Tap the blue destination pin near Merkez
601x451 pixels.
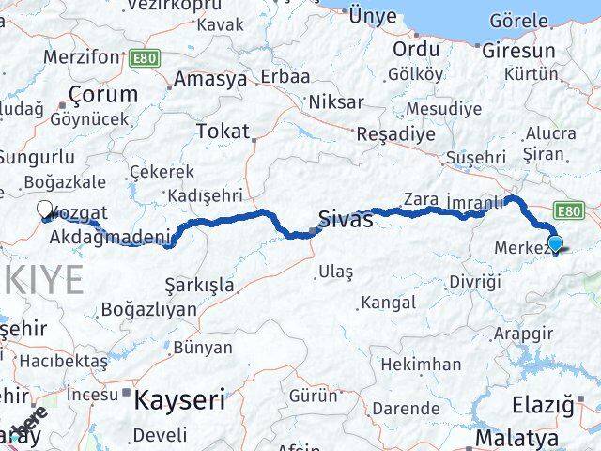coord(555,243)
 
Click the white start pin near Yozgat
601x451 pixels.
coord(45,210)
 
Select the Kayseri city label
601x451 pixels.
coord(179,400)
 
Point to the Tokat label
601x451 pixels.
coord(223,132)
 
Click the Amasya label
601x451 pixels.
coord(209,79)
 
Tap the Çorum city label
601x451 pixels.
coord(100,94)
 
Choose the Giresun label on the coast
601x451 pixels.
coord(518,51)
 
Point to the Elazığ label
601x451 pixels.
coord(542,405)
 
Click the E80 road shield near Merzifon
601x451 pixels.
coord(145,58)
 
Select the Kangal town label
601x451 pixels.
coord(388,303)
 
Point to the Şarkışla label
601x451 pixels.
coord(199,284)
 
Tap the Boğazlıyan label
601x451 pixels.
coord(148,309)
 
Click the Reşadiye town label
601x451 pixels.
coord(395,133)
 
